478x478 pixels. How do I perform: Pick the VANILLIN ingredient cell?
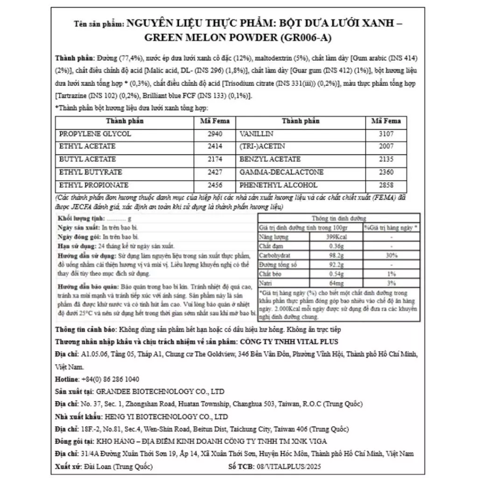255,134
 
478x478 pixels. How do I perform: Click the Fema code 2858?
386,185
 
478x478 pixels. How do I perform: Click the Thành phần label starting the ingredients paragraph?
75,58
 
